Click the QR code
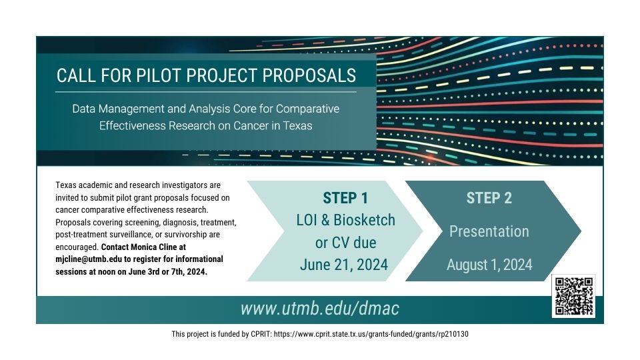click(x=573, y=296)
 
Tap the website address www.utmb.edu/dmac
click(x=319, y=309)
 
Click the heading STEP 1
click(x=345, y=199)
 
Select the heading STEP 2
click(x=489, y=199)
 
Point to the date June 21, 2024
click(x=344, y=265)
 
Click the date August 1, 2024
click(x=489, y=265)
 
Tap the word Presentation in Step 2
click(x=489, y=231)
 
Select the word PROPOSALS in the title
click(x=309, y=75)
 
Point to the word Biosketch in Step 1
click(x=364, y=220)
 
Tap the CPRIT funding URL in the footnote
click(x=371, y=334)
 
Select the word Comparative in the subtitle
click(x=308, y=109)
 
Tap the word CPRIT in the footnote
click(x=261, y=334)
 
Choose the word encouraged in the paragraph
click(x=77, y=247)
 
